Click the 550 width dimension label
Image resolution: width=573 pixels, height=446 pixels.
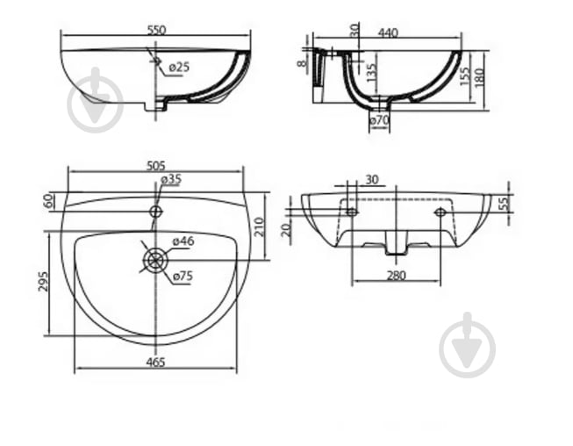[x=156, y=30]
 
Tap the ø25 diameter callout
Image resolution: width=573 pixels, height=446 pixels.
[x=179, y=68]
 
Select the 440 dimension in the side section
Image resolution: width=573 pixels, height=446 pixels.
[x=388, y=33]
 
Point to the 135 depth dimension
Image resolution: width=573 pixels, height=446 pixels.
[x=371, y=73]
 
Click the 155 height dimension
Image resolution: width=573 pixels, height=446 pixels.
[x=464, y=76]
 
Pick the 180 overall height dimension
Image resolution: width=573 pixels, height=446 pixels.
[x=479, y=77]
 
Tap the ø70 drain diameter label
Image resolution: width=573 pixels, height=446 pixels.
[x=379, y=120]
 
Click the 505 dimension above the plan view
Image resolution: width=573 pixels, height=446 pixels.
[x=156, y=166]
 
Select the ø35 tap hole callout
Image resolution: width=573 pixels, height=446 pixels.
[x=171, y=179]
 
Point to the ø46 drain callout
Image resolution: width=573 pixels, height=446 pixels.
[x=183, y=241]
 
